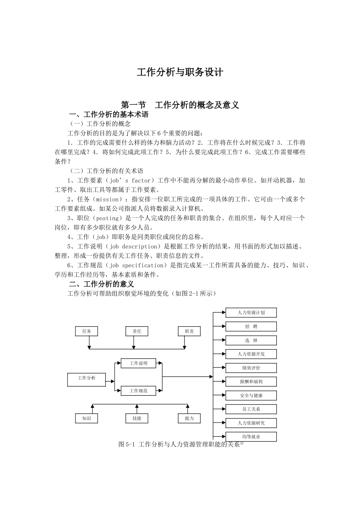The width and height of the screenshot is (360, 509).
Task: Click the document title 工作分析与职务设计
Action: coord(180,72)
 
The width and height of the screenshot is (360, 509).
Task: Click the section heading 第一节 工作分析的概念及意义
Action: coord(180,105)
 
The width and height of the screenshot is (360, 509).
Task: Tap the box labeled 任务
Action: coord(87,331)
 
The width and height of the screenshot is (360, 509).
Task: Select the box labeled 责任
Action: coord(137,331)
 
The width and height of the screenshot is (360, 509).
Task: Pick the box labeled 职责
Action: coord(189,331)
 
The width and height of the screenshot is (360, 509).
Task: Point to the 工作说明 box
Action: coord(138,364)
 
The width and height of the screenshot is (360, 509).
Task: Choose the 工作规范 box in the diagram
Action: coord(138,391)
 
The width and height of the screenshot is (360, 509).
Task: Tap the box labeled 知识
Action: coord(87,418)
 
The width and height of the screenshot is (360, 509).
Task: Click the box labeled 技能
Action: coord(137,418)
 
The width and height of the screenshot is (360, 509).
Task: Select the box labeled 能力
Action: coord(189,418)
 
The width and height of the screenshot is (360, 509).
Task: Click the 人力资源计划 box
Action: coord(251,313)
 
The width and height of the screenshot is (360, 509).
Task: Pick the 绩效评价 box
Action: coord(251,368)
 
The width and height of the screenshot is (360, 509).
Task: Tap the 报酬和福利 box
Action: coord(251,382)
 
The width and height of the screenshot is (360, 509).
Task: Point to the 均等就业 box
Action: coord(251,437)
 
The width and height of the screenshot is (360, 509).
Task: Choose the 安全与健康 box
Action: coord(251,396)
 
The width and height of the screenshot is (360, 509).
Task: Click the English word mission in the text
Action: coord(108,199)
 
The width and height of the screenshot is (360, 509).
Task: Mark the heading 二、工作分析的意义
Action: coord(101,284)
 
